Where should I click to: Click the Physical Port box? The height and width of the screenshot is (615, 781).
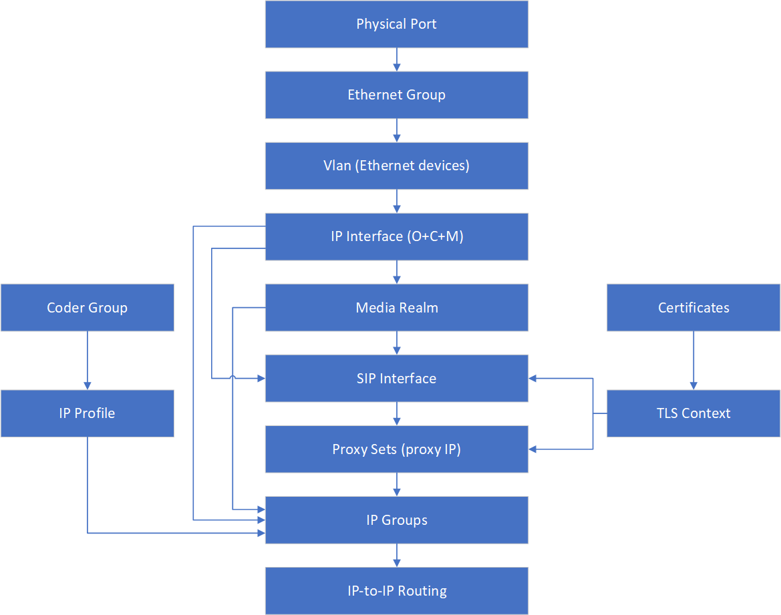(396, 24)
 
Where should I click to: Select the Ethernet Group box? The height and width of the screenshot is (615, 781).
(396, 95)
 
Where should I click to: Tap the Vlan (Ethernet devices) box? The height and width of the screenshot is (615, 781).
(396, 166)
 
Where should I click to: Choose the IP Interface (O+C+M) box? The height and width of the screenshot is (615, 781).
(396, 236)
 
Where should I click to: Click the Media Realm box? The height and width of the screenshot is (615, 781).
(396, 307)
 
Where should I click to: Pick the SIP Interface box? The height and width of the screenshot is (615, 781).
(396, 378)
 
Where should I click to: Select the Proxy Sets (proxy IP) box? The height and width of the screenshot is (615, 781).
(396, 449)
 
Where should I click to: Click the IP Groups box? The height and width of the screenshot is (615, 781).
(396, 520)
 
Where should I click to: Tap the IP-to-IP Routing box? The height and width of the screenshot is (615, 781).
(396, 590)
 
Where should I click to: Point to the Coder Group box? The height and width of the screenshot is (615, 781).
(87, 307)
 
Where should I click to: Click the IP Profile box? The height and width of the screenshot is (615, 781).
(87, 413)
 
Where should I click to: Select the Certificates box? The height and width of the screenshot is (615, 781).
(693, 307)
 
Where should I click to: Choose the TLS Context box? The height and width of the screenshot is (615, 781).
(693, 413)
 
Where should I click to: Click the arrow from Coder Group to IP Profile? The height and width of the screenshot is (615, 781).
(87, 361)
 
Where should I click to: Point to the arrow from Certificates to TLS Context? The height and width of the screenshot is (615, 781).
(693, 361)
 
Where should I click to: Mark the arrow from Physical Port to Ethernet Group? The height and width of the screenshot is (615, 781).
(397, 59)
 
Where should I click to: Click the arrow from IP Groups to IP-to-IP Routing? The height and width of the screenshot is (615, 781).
(397, 555)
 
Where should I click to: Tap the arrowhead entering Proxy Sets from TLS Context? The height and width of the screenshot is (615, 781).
(533, 449)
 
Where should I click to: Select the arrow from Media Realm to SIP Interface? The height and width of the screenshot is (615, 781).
(397, 343)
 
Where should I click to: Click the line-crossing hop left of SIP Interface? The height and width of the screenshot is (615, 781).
(232, 378)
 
